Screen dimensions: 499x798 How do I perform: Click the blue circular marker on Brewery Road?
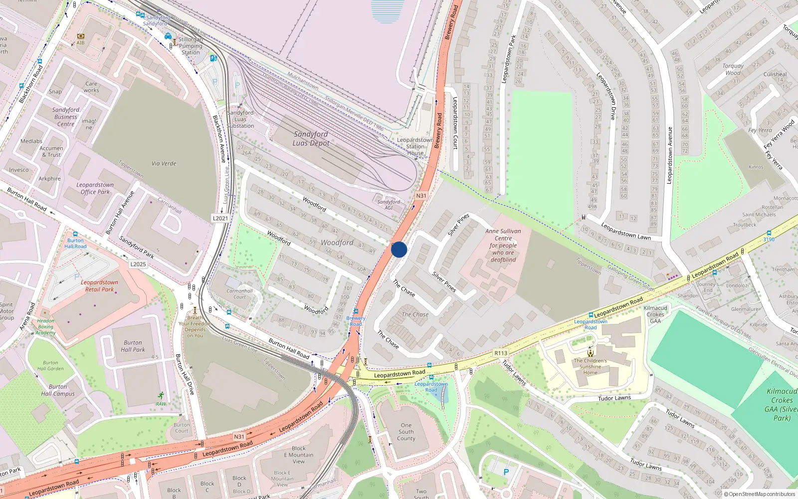(x=399, y=249)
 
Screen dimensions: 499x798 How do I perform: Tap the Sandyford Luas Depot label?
(x=311, y=139)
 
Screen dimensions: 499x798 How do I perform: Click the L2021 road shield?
(x=220, y=218)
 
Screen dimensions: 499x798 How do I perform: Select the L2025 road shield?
(x=138, y=264)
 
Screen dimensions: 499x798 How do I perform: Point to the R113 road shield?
(x=501, y=353)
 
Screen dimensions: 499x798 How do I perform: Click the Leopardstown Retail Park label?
(x=99, y=285)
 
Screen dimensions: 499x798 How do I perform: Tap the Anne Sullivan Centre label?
(x=503, y=245)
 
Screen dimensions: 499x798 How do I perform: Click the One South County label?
(x=406, y=432)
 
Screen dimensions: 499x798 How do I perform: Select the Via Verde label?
(x=164, y=163)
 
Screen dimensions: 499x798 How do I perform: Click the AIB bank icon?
(x=80, y=36)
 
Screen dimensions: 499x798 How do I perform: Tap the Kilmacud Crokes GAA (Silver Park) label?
(x=782, y=404)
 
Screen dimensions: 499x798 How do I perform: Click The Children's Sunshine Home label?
(x=590, y=366)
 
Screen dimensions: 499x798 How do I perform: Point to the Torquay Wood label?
(x=733, y=69)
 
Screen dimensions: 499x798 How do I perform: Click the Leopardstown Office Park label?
(x=95, y=188)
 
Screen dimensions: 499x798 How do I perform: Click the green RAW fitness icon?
(x=161, y=395)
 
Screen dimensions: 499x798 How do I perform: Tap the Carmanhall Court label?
(x=239, y=294)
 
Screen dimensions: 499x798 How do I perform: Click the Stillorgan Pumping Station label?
(x=191, y=45)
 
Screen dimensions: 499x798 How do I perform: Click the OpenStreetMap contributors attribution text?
(x=762, y=494)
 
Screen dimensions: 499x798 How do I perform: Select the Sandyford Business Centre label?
(x=66, y=117)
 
